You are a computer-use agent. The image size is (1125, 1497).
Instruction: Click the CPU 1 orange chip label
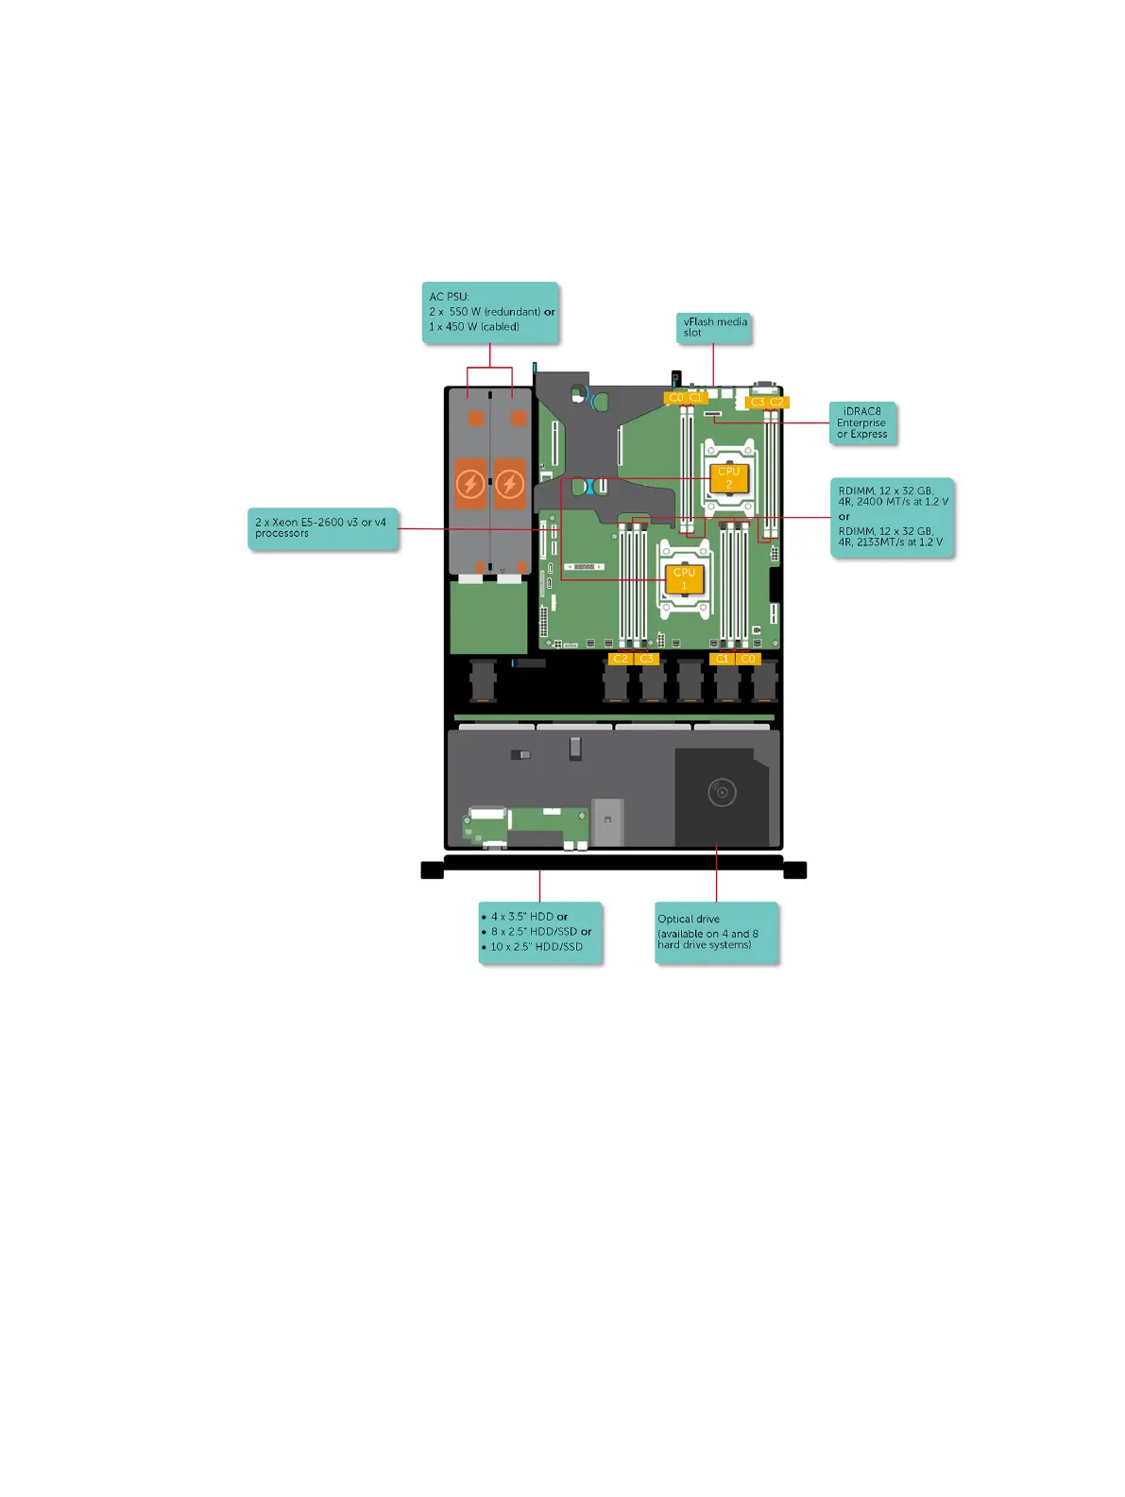click(x=684, y=578)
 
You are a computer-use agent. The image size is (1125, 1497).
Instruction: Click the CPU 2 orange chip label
click(x=728, y=477)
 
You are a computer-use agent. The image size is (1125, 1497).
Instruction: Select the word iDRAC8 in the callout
click(x=861, y=411)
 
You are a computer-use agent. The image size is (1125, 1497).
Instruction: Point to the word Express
click(x=869, y=435)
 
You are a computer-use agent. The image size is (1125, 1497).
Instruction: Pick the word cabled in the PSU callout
click(x=500, y=327)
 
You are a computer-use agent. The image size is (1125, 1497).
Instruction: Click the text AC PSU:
click(x=449, y=297)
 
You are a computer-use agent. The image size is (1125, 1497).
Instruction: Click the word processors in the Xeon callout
click(x=281, y=534)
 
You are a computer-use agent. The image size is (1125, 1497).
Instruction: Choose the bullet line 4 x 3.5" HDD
click(x=528, y=917)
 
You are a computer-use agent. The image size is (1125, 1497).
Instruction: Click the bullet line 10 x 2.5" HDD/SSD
click(x=536, y=947)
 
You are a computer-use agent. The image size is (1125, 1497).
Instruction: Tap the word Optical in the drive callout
click(x=675, y=919)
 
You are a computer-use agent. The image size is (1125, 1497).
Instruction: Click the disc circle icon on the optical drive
click(x=722, y=792)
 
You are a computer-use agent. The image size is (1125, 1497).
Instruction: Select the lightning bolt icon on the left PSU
click(x=469, y=485)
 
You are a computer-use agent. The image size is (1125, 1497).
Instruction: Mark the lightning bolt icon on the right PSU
click(x=510, y=485)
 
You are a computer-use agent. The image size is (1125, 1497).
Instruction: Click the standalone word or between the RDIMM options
click(x=844, y=517)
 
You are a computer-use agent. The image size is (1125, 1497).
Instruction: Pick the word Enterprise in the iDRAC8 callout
click(x=861, y=423)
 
